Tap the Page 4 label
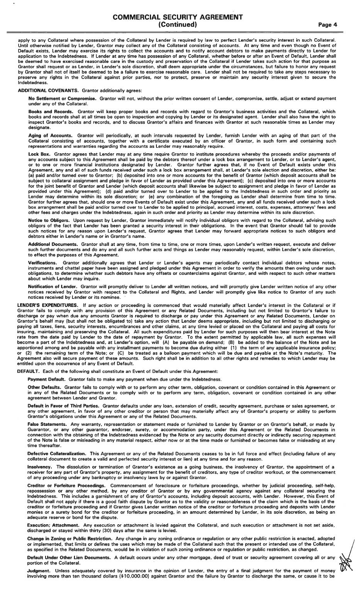pos(328,25)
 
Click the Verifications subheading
pos(42,263)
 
